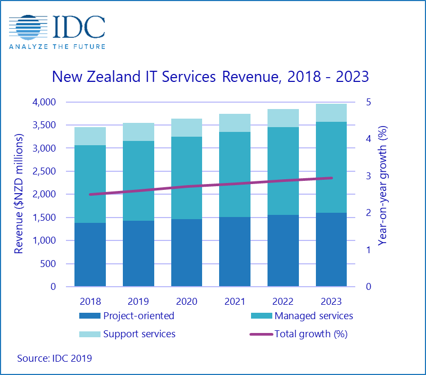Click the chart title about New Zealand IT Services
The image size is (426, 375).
[x=210, y=77]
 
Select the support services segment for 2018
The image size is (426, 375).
[x=90, y=136]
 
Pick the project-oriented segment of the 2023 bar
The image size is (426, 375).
[x=331, y=249]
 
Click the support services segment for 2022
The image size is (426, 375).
[x=283, y=118]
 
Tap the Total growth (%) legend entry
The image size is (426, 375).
[x=303, y=334]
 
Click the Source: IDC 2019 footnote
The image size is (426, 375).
[x=54, y=359]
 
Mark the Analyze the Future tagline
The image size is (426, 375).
[x=57, y=46]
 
